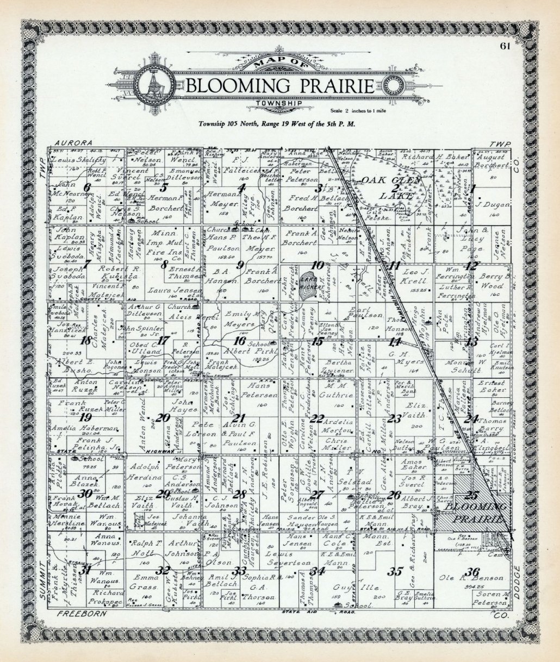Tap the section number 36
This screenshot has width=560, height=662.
472,571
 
